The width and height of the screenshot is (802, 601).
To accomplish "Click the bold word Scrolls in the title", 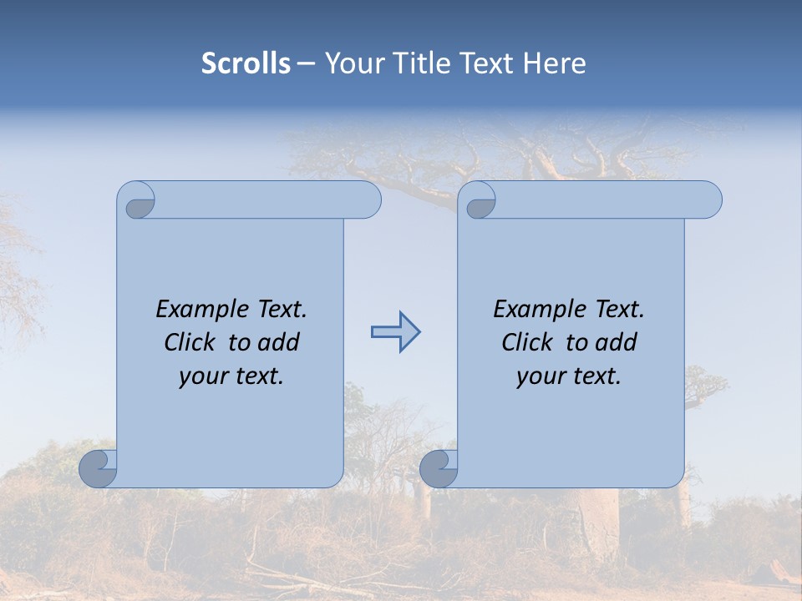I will tap(246, 63).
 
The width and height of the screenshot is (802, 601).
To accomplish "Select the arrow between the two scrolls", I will tap(395, 332).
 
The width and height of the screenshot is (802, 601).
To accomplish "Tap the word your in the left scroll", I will tap(204, 376).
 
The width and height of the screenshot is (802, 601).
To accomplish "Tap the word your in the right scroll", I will tap(541, 376).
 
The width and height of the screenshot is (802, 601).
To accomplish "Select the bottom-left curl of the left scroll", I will tap(98, 468).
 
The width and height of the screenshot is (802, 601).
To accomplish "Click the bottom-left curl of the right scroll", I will tap(439, 468).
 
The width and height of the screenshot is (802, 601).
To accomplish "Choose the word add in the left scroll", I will tap(277, 342).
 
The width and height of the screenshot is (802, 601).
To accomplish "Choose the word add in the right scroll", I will tap(615, 342).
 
